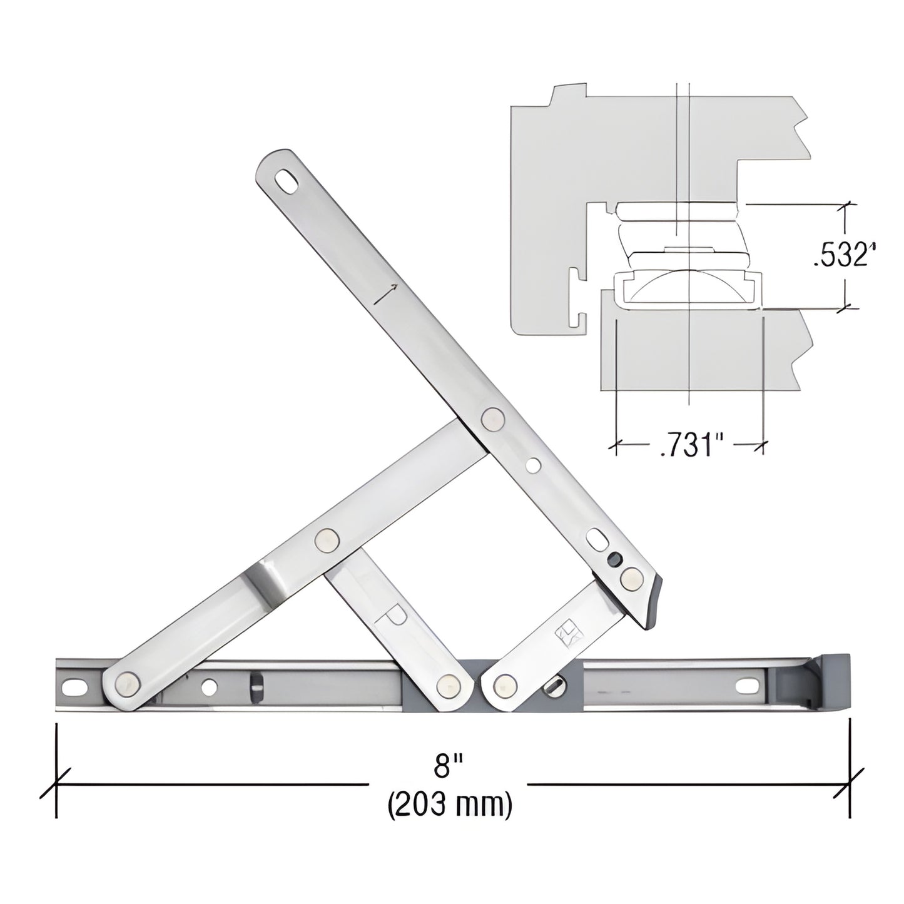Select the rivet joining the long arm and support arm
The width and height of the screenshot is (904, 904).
pyautogui.click(x=493, y=418)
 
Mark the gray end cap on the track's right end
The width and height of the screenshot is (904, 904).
pyautogui.click(x=834, y=685)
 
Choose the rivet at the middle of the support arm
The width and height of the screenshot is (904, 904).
pyautogui.click(x=326, y=539)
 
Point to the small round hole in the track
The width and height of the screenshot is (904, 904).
pyautogui.click(x=210, y=688)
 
